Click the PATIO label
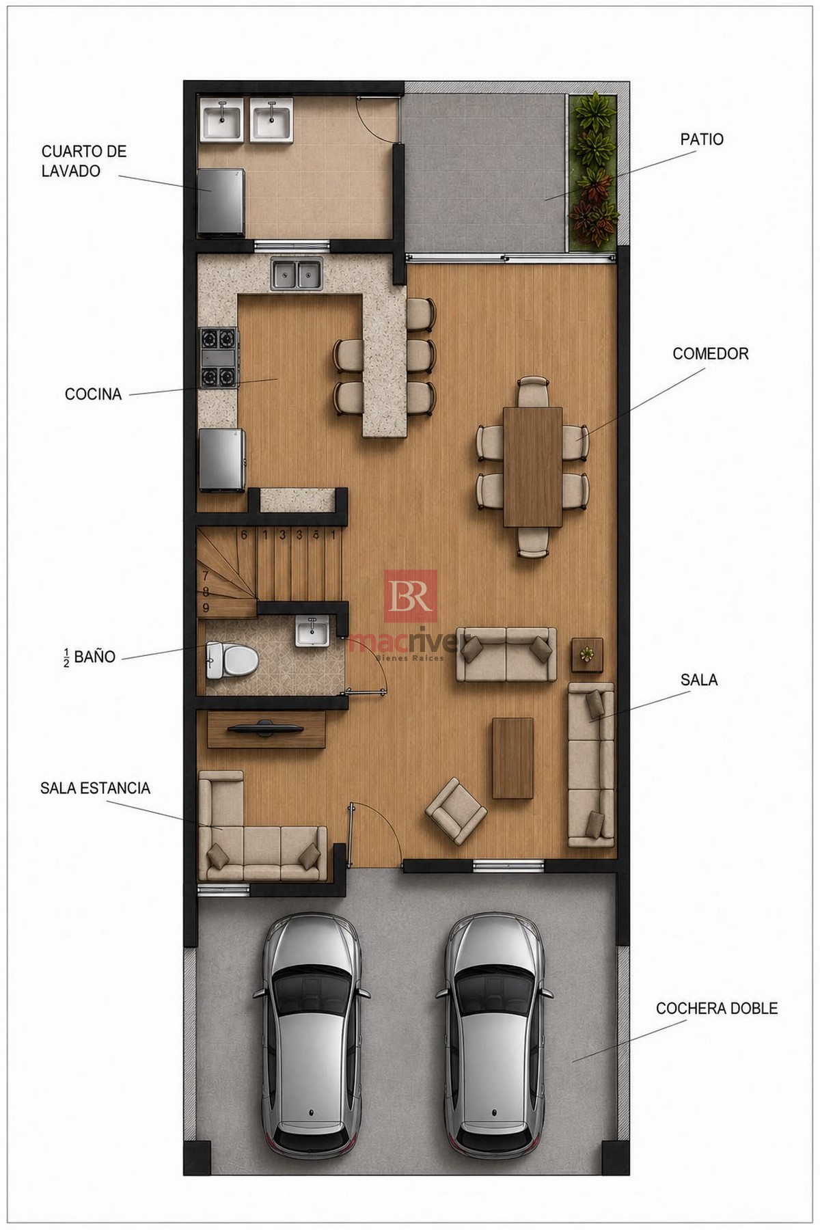701,139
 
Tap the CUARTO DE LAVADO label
84,161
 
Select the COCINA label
93,394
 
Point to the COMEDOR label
710,353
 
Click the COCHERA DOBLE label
716,1008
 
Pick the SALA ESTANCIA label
95,788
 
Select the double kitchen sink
296,275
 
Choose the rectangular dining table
532,467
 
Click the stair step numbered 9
206,607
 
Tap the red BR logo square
410,596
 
